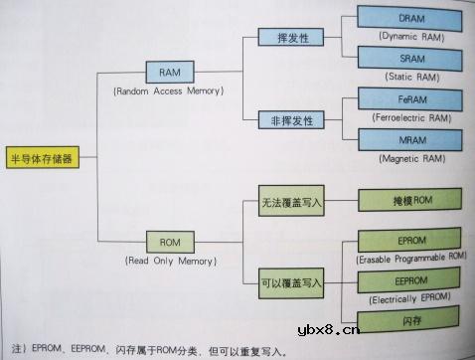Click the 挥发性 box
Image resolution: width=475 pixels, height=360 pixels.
(285, 38)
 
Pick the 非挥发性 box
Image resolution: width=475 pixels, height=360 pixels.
(285, 120)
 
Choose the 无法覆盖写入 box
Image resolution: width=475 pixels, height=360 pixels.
(292, 200)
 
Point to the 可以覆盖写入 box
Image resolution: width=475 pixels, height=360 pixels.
(292, 282)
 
